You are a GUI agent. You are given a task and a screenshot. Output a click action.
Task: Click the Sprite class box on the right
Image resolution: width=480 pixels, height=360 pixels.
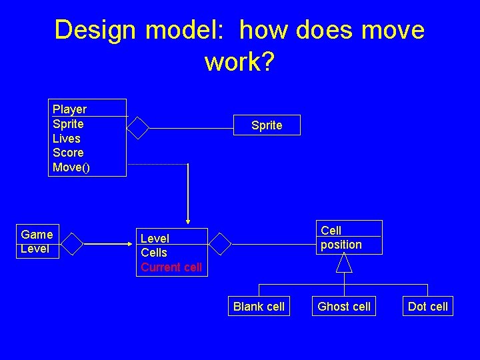tap(267, 125)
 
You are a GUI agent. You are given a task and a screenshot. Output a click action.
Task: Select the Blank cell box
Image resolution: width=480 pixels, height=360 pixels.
tap(259, 307)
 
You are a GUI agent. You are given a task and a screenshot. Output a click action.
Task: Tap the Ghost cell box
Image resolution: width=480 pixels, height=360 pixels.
tap(344, 307)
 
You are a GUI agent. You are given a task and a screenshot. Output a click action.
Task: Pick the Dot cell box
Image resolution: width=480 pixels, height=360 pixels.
tap(428, 307)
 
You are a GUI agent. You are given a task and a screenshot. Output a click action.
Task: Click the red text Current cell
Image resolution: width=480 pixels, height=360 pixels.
tap(171, 267)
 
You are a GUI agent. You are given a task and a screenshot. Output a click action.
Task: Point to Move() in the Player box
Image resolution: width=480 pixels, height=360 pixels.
tap(71, 167)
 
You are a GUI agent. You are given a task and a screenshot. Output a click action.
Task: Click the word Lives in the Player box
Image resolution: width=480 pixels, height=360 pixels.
tap(67, 139)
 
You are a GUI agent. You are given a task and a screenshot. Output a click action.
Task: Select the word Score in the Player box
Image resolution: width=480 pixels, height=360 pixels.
tap(68, 153)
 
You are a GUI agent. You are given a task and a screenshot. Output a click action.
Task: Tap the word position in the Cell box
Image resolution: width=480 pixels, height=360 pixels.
tap(341, 245)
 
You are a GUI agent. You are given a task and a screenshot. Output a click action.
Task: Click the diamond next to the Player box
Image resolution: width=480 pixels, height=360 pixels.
tap(138, 127)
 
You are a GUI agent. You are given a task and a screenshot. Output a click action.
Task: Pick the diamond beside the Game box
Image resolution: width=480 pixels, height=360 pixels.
tap(71, 245)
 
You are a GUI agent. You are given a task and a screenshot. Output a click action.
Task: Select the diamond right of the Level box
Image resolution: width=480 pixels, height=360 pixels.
tap(220, 245)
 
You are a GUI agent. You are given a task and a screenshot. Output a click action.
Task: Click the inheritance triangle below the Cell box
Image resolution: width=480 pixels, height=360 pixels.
tap(344, 263)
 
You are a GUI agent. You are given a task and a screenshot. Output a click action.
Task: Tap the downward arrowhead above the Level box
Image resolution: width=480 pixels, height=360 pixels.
tap(188, 219)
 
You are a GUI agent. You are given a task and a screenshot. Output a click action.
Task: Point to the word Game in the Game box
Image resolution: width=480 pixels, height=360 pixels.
tap(37, 234)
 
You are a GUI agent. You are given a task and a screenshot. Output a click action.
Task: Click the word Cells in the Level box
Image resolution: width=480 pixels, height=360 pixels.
tap(154, 253)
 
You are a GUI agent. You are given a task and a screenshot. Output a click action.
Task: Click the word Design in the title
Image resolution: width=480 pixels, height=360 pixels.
tap(95, 30)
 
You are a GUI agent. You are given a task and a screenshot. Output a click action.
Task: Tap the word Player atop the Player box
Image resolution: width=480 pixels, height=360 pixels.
tap(69, 109)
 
